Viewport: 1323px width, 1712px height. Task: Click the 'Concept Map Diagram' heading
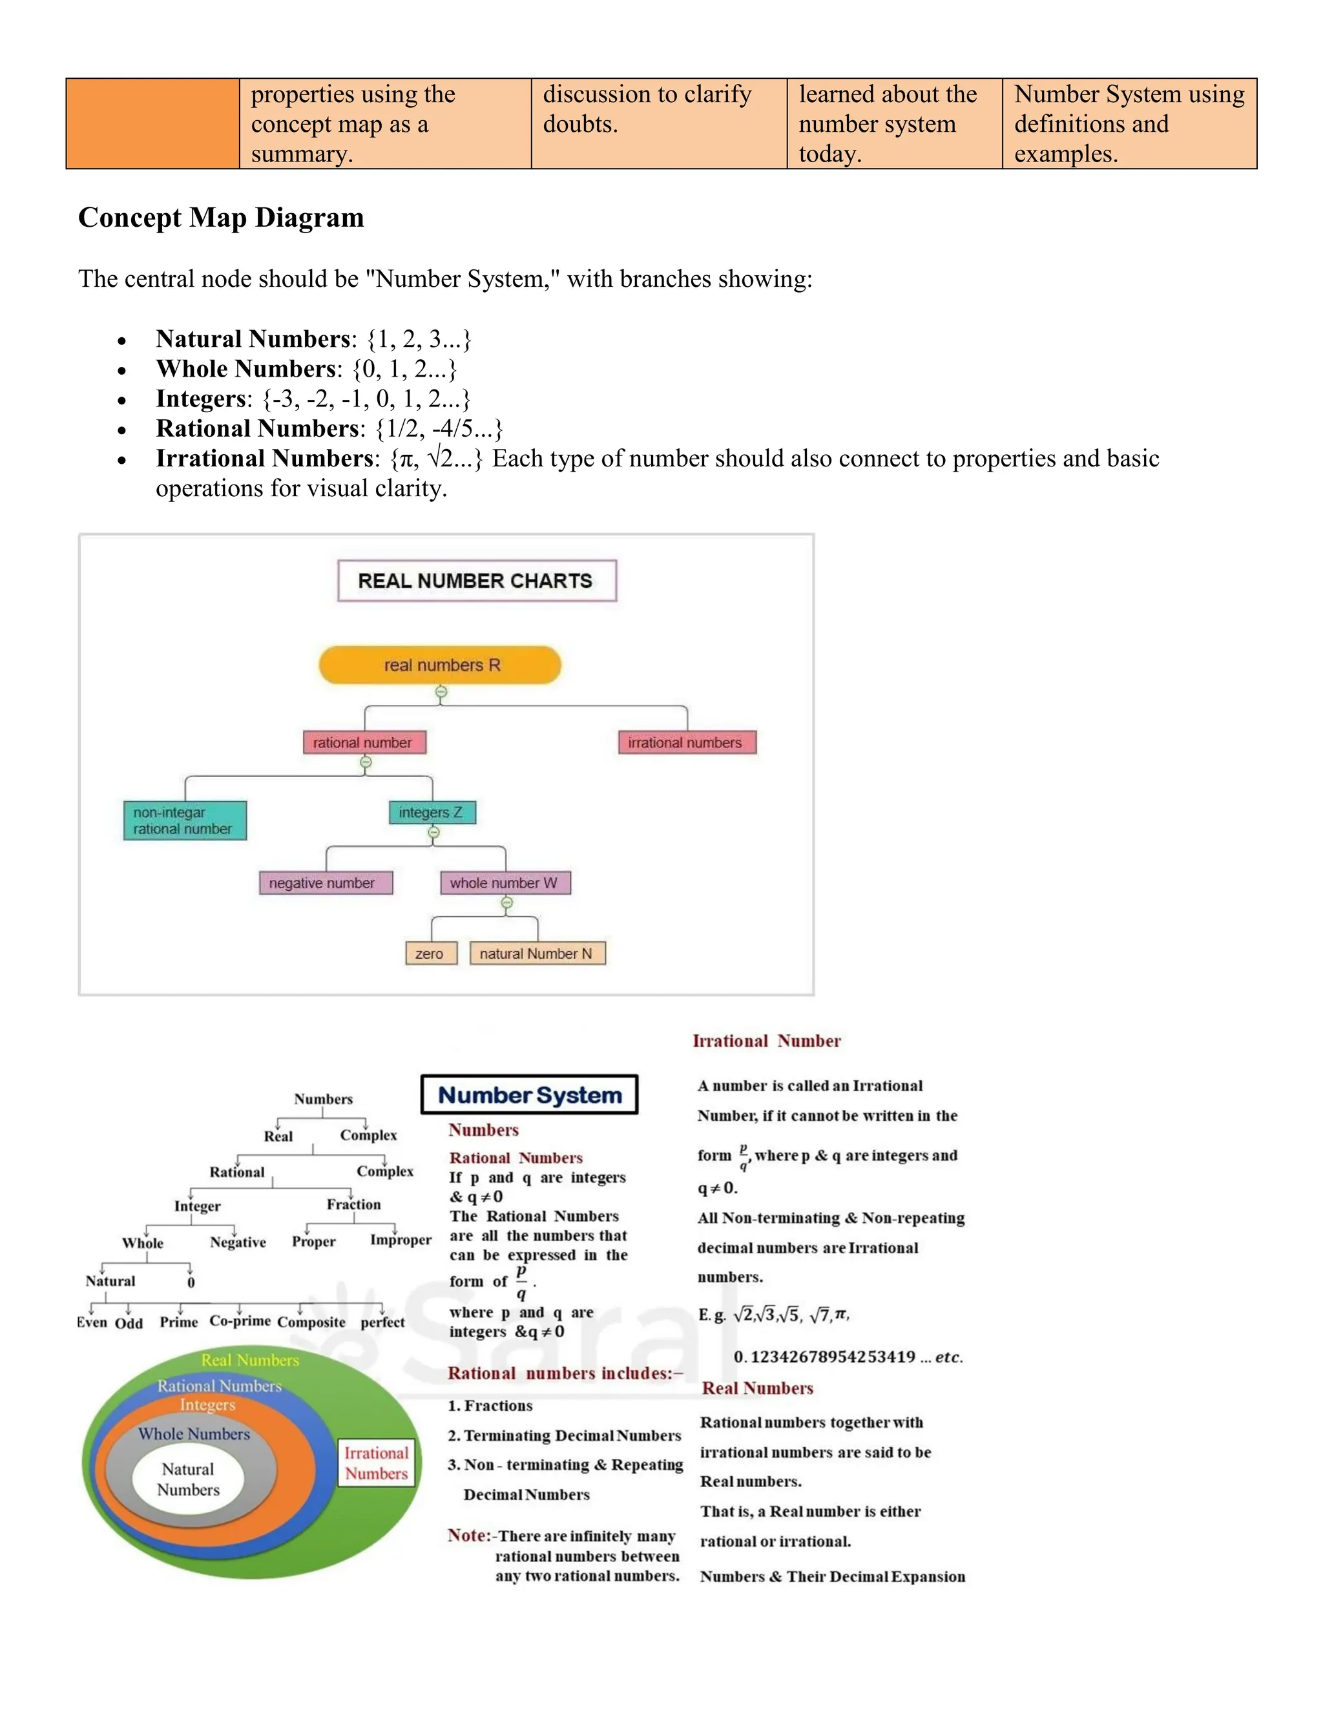point(221,217)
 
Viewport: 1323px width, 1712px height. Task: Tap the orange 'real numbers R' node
point(441,665)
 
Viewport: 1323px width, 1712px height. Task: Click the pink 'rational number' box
point(364,742)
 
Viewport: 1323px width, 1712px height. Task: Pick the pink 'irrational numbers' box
point(687,742)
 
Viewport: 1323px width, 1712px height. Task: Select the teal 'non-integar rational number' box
point(184,820)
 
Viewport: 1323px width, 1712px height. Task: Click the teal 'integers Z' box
point(432,812)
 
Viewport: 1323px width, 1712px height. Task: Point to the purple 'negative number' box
point(326,882)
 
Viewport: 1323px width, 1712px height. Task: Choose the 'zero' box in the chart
point(430,953)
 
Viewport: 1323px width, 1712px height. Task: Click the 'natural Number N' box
point(537,953)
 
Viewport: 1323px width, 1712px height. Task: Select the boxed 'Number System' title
point(530,1094)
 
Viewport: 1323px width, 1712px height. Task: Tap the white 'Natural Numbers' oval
point(188,1479)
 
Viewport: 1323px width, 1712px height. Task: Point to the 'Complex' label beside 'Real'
point(368,1135)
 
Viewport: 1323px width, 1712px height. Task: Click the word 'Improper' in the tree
point(401,1240)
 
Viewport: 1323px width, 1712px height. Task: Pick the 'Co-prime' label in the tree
point(240,1321)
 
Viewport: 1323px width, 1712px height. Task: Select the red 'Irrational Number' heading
point(767,1041)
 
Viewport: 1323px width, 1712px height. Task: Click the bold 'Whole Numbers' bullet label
point(246,368)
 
